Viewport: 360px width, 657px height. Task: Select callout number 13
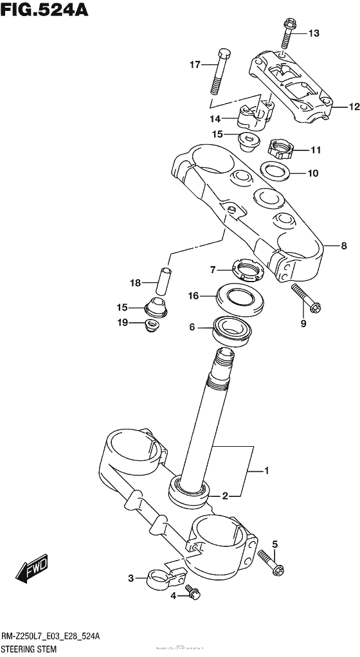pos(313,33)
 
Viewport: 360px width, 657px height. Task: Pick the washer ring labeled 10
pos(274,171)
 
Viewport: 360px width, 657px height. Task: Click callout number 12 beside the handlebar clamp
pos(353,107)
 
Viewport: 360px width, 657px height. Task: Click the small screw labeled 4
pos(191,593)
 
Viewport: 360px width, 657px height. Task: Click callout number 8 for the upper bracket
pos(343,245)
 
